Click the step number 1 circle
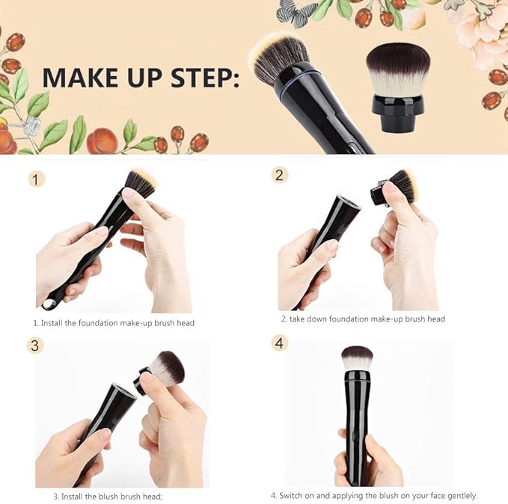click(x=37, y=179)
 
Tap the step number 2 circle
click(x=280, y=175)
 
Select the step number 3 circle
click(x=36, y=345)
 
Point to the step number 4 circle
click(x=279, y=343)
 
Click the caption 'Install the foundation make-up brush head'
click(x=113, y=323)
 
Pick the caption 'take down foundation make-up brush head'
click(x=363, y=319)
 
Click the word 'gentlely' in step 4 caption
click(x=458, y=496)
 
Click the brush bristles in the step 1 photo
click(x=141, y=182)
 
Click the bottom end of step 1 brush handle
click(x=50, y=304)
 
